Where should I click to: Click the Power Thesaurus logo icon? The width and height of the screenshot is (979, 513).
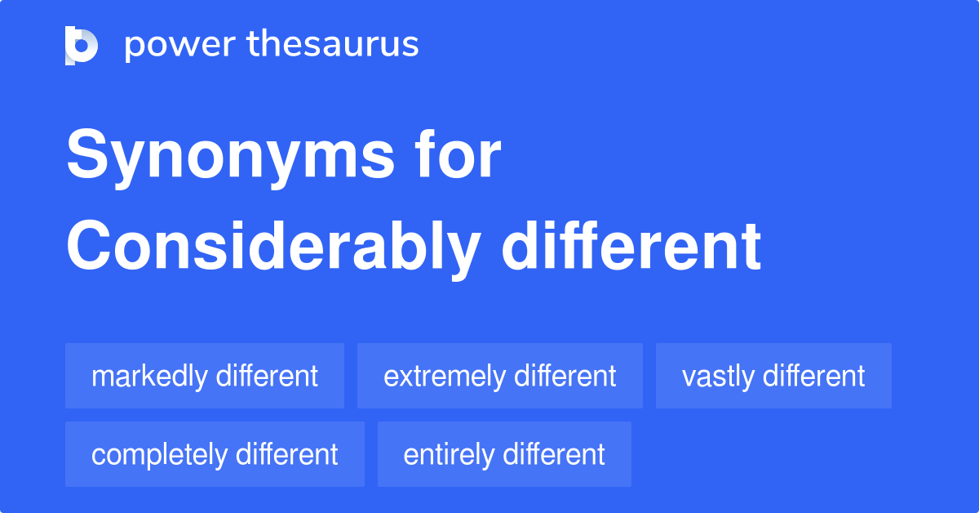(x=82, y=45)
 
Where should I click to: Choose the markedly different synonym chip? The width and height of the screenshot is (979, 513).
(x=205, y=376)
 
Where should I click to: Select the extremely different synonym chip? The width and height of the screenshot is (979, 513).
(x=500, y=376)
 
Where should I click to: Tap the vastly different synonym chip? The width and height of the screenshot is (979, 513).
(x=773, y=376)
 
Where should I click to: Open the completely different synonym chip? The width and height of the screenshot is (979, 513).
(x=215, y=454)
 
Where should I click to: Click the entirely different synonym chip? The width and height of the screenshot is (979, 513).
(x=504, y=454)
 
